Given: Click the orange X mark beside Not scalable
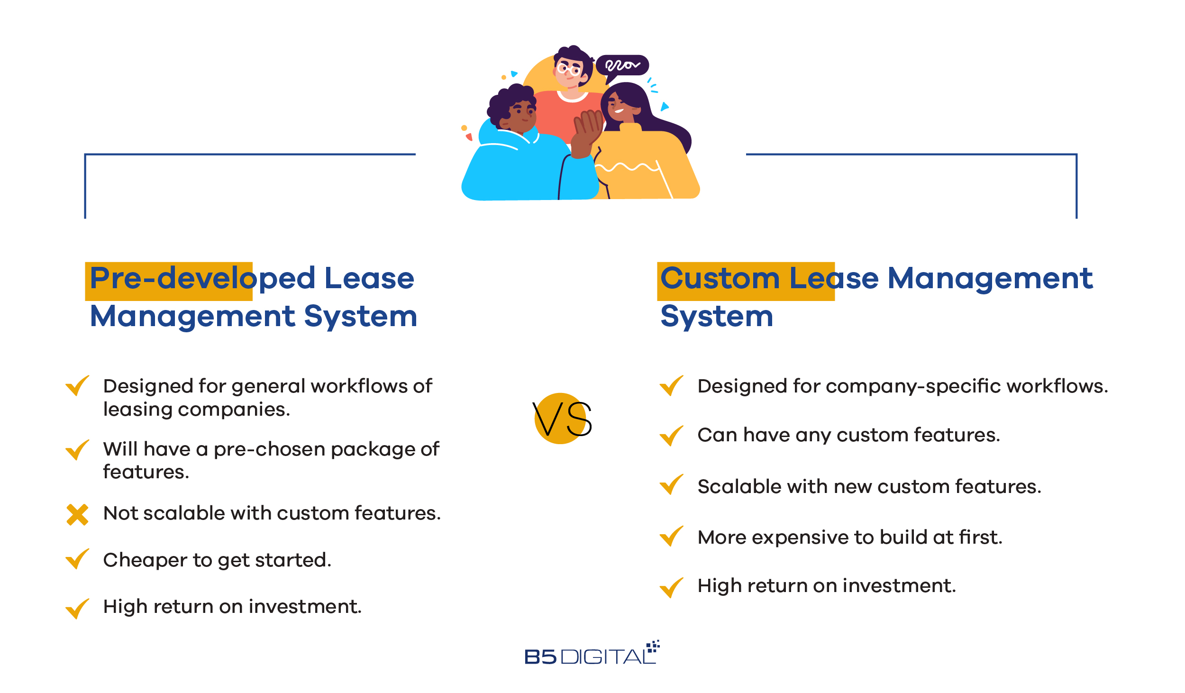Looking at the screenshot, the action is pos(77,515).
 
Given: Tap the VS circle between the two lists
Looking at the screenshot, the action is pos(561,419).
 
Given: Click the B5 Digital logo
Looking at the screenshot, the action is pos(592,653).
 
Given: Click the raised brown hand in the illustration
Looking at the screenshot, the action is pos(587,133).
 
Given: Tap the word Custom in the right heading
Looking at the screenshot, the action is pos(720,278).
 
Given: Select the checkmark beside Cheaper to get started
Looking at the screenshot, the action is pos(77,559).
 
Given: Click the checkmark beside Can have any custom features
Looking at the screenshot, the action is pos(672,436).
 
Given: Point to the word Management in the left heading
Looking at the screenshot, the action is pos(192,317).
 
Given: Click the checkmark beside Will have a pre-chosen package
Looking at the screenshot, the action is pos(77,450).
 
